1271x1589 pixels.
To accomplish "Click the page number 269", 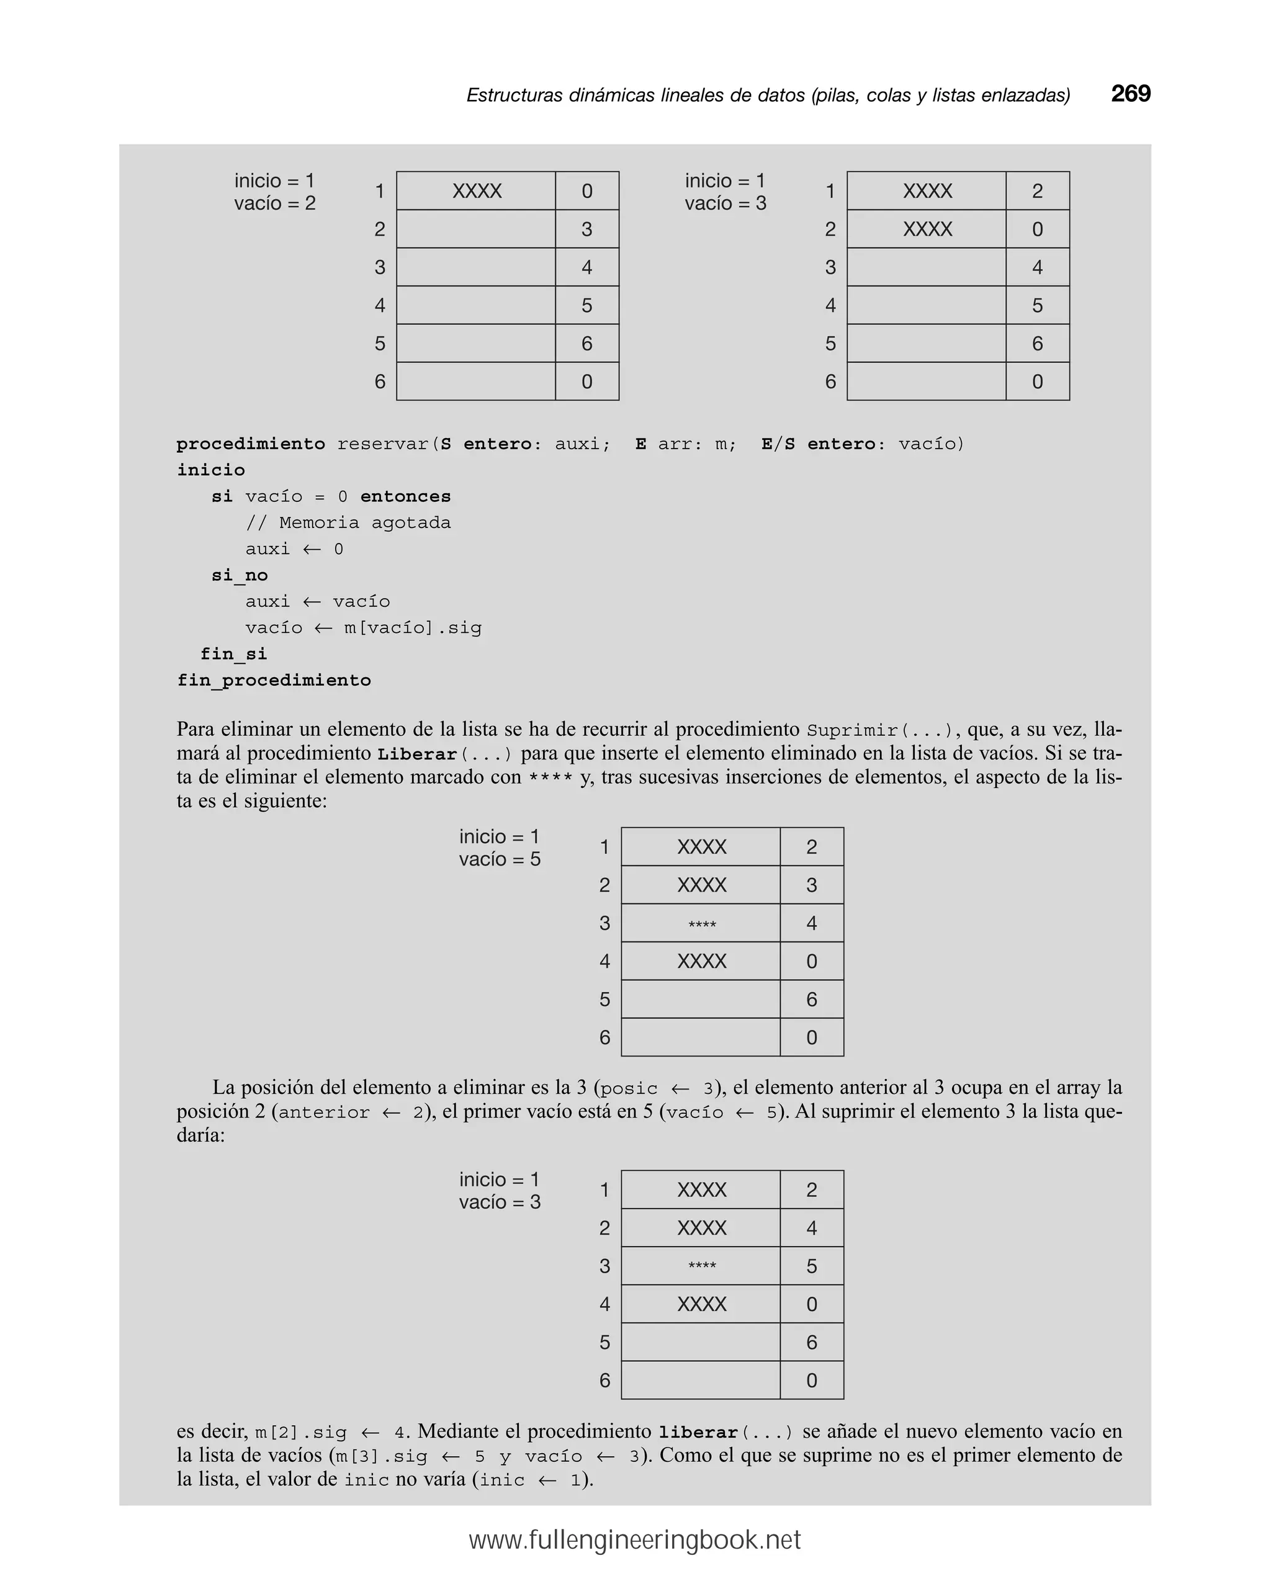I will tap(1130, 94).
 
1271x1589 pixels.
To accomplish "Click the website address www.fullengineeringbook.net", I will tap(634, 1539).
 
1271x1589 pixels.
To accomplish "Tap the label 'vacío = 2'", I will tap(274, 204).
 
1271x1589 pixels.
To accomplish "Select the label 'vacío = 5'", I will tap(499, 859).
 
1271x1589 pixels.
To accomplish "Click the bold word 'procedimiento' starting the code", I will tap(251, 444).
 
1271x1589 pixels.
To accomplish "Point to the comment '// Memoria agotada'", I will tap(348, 522).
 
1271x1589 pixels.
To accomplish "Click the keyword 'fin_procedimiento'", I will tap(274, 680).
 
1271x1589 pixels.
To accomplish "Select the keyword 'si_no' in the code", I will tap(240, 575).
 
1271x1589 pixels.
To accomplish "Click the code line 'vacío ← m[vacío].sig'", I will tap(364, 628).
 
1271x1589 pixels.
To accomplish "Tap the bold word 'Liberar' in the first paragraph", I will tap(416, 754).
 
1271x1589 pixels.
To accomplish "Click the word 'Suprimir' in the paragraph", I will tap(851, 730).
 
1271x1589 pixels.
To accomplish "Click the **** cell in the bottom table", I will tap(701, 1266).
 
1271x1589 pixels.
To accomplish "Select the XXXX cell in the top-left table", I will tap(476, 191).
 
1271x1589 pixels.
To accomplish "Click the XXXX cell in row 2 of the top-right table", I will tap(927, 229).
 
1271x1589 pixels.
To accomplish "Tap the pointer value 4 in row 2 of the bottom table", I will tap(811, 1228).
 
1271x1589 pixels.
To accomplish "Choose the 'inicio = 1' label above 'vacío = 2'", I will tap(274, 181).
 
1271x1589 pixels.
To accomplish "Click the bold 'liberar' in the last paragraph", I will tap(698, 1433).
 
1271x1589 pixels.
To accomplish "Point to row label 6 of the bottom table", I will tap(604, 1381).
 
